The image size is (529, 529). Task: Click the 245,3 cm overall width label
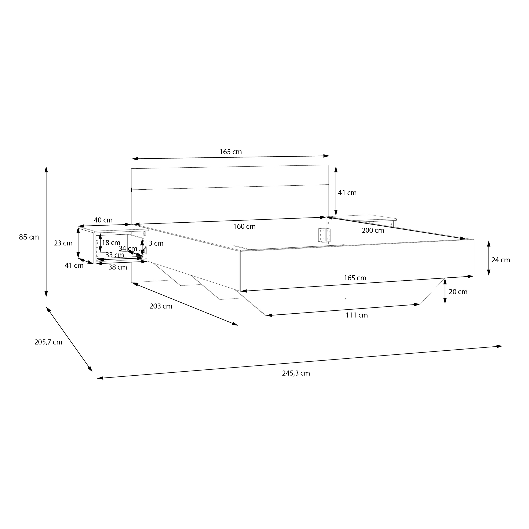[x=296, y=373]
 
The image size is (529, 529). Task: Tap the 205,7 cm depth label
[x=48, y=342]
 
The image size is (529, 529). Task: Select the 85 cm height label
[x=29, y=237]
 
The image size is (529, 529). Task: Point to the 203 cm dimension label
[x=161, y=306]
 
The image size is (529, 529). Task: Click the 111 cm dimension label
[x=357, y=315]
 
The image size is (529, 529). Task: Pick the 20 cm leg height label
[x=458, y=292]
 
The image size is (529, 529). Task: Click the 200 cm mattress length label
[x=373, y=231]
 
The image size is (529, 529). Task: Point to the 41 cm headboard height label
[x=347, y=193]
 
